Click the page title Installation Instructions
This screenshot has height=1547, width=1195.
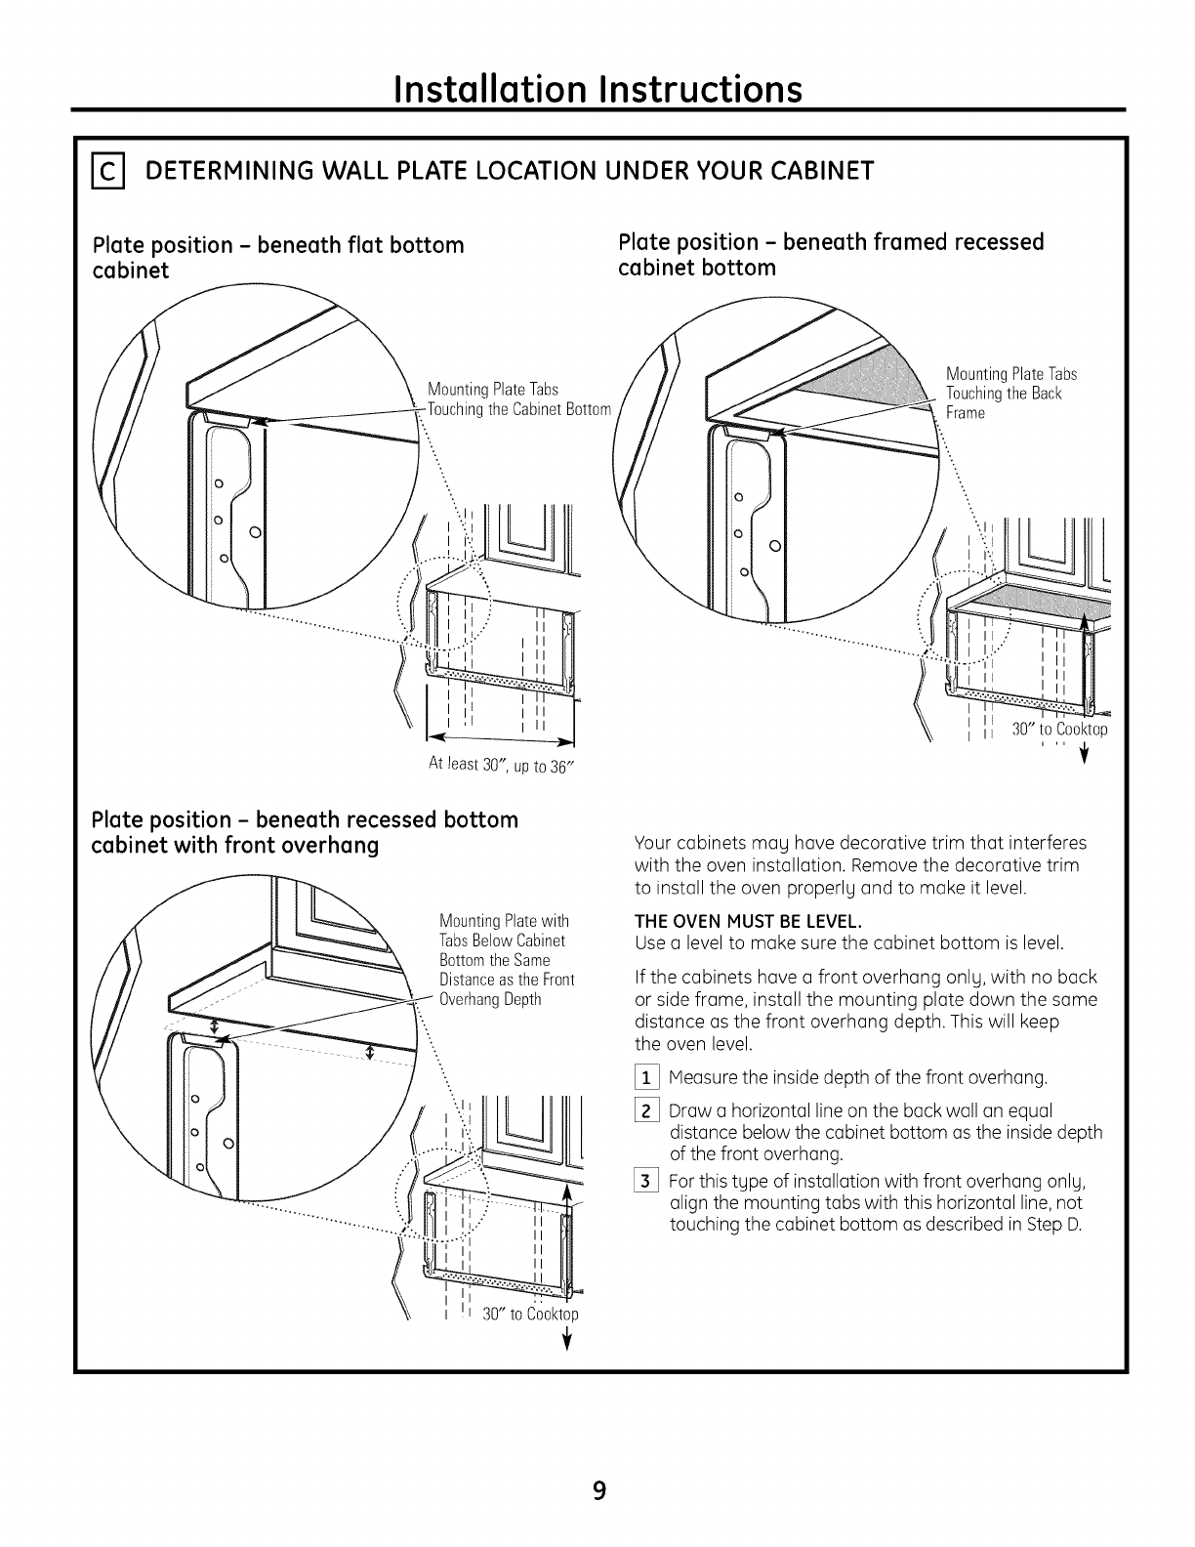(597, 90)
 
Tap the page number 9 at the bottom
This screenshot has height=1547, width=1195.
(598, 1490)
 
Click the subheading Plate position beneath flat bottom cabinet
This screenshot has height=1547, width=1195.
(277, 257)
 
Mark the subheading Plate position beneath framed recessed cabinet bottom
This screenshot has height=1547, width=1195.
(831, 254)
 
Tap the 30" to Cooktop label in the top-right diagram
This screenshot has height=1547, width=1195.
(1059, 729)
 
